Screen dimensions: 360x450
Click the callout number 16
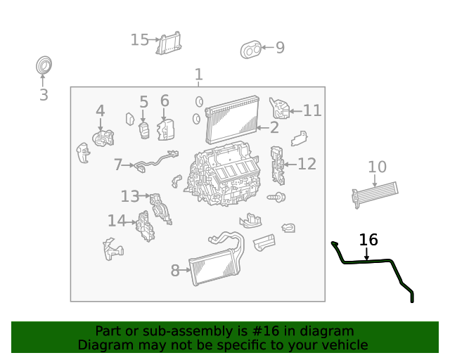pos(368,240)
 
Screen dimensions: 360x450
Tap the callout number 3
pos(44,96)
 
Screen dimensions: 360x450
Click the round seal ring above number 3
pos(44,66)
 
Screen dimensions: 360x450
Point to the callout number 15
pos(140,40)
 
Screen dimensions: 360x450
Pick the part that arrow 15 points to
pos(169,43)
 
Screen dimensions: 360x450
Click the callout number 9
pos(280,48)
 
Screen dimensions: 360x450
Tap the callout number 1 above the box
pos(198,75)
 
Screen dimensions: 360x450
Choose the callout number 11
pos(312,110)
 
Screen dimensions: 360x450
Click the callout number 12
pos(307,164)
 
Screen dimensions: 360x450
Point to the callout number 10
pos(378,167)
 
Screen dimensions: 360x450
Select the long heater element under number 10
pos(375,193)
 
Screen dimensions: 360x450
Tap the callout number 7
pos(118,165)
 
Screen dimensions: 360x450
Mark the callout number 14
pos(117,221)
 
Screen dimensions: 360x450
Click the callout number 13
pos(130,196)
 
